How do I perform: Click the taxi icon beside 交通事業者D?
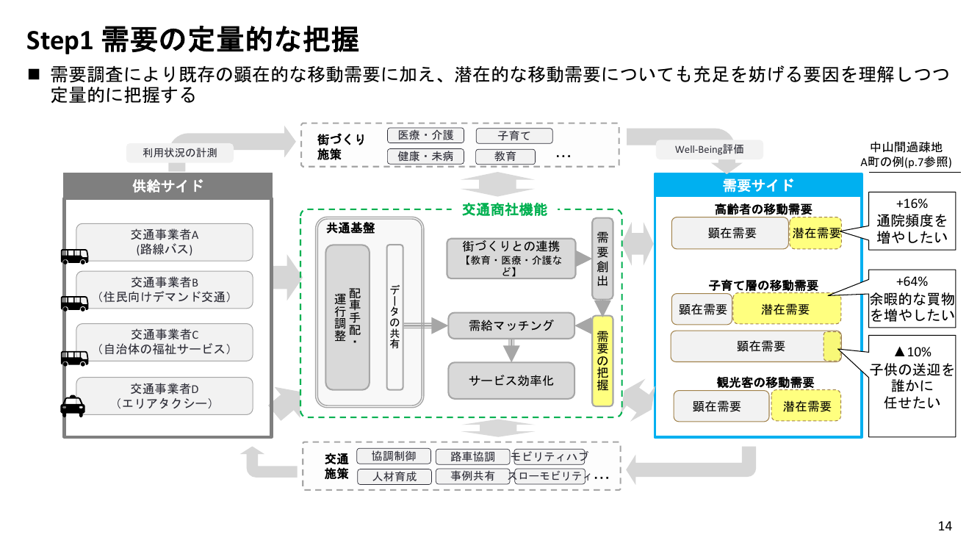[x=73, y=406]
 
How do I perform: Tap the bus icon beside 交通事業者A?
[x=74, y=256]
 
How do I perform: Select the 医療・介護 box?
[x=425, y=135]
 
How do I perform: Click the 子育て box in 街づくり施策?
[x=514, y=136]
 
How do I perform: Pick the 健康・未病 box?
[x=425, y=156]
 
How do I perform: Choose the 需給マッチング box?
[x=511, y=325]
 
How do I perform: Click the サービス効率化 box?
[x=511, y=381]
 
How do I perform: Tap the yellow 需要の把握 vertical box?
[x=602, y=361]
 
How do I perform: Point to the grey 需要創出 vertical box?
[x=602, y=259]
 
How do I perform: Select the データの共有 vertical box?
[x=394, y=317]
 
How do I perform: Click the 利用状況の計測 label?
[x=180, y=153]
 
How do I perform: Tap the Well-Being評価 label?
[x=709, y=149]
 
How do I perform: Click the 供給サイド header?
[x=167, y=186]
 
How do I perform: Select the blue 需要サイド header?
[x=758, y=185]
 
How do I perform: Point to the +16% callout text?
[x=912, y=204]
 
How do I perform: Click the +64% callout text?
[x=912, y=281]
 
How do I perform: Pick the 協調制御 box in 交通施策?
[x=394, y=456]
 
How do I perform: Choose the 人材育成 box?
[x=394, y=476]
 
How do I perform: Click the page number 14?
[x=945, y=526]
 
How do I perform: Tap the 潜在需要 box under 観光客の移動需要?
[x=806, y=406]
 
